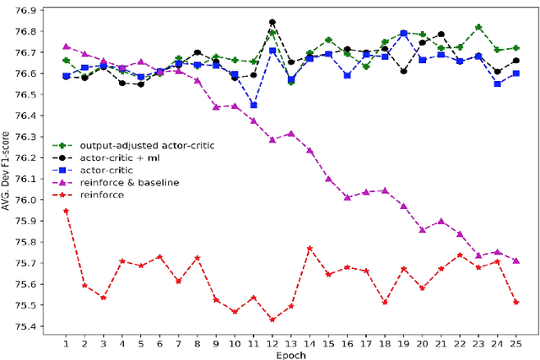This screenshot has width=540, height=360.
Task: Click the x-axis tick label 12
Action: tap(273, 344)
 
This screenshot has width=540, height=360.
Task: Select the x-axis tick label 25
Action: tap(516, 344)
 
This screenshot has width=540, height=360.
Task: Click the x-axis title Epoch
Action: tap(290, 355)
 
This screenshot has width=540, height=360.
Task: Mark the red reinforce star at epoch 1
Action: tap(66, 211)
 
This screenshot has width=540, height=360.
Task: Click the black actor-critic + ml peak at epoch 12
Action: tap(273, 23)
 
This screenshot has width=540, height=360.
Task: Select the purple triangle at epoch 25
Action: tap(516, 261)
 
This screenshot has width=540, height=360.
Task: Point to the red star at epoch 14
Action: tap(310, 249)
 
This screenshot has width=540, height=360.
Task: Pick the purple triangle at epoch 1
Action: tap(66, 46)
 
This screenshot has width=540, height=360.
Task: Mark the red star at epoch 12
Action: tap(273, 320)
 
